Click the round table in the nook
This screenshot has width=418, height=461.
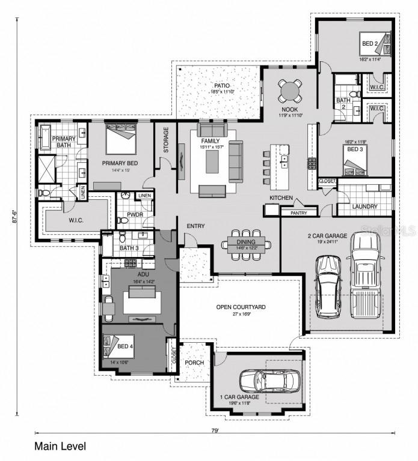pos(290,91)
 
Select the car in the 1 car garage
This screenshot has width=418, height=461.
pos(270,379)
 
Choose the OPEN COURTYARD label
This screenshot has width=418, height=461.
pos(241,307)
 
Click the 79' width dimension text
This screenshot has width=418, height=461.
pos(215,430)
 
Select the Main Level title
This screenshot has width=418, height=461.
pos(60,447)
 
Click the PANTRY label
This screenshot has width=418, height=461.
pos(299,212)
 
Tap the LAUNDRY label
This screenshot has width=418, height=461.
pos(365,206)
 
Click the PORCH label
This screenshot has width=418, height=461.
pos(194,363)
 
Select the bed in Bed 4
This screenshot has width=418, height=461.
pos(117,346)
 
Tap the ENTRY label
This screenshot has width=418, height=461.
pos(195,226)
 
